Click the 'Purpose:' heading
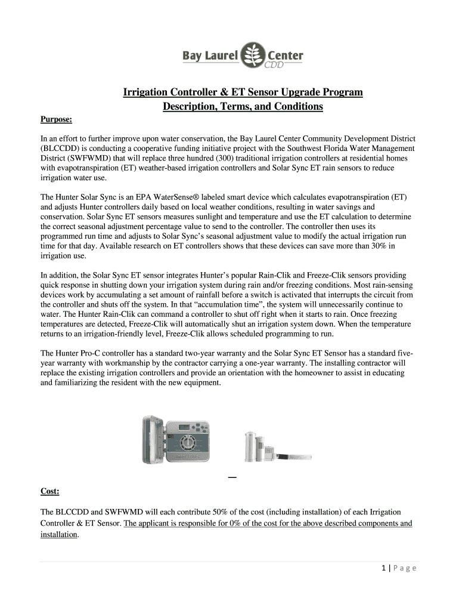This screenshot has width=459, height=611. click(56, 120)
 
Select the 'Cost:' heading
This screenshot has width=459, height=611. click(49, 491)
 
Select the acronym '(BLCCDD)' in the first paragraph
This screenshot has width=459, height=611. click(61, 148)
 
